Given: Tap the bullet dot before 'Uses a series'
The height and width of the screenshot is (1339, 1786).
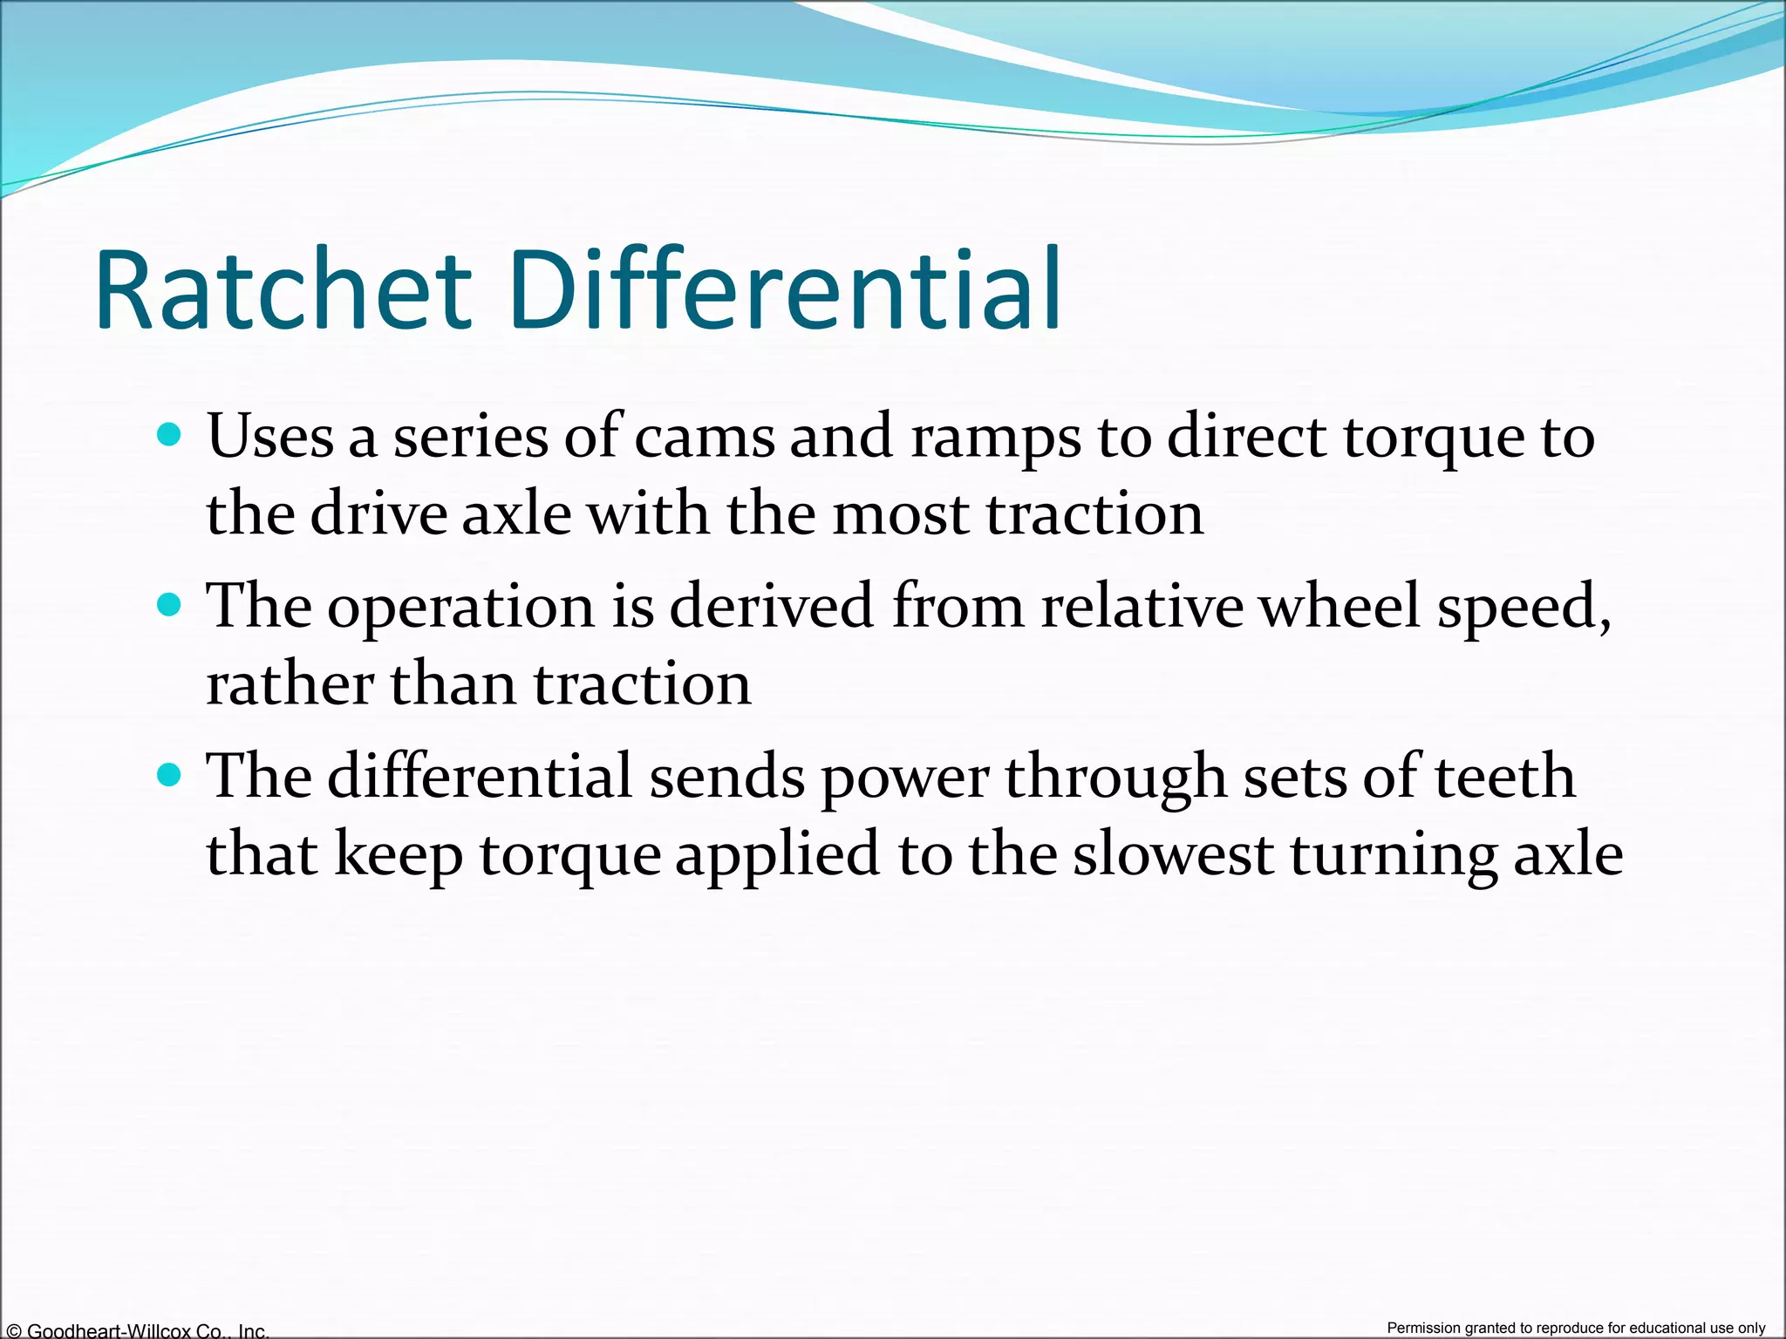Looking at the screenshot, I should click(169, 433).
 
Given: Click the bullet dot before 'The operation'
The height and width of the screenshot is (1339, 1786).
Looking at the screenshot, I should click(169, 604).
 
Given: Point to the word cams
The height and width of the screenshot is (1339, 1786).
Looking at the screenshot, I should click(704, 437).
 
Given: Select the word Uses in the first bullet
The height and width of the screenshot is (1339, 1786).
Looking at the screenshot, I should click(270, 435).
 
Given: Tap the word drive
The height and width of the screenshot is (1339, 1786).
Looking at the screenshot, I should click(377, 513).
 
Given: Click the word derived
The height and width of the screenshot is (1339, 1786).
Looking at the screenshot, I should click(771, 605).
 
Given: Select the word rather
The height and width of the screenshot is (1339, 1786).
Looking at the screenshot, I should click(290, 683).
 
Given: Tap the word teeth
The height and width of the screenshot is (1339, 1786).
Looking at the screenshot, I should click(1504, 776).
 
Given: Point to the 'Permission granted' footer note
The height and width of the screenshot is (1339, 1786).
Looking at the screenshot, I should click(1576, 1328).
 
